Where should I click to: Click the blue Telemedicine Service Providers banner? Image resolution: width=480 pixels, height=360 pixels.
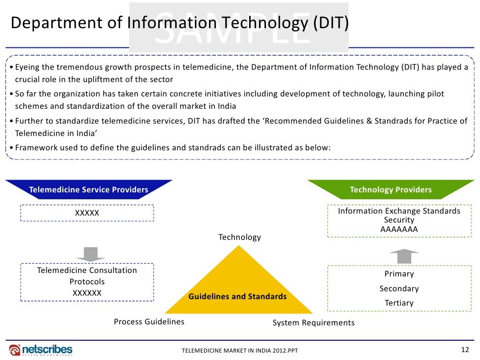coord(88,189)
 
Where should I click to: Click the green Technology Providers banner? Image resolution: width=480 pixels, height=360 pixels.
coord(391,189)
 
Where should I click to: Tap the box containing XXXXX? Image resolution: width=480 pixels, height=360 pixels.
coord(87,213)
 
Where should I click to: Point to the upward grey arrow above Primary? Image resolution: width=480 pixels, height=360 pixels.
coord(404,257)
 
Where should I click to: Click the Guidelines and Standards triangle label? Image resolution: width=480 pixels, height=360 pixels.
coord(237,297)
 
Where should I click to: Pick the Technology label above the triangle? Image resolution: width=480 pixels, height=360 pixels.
coord(240,237)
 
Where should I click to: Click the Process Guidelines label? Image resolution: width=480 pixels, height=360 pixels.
coord(149,322)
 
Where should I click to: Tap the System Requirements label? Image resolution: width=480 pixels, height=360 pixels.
coord(313,323)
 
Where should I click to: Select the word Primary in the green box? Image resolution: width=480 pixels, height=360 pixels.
coord(399,274)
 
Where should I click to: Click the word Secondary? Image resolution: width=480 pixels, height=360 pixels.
coord(399,288)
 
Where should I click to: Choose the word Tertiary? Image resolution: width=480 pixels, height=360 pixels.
coord(399,303)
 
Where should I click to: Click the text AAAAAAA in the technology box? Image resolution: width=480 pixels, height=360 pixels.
coord(399,229)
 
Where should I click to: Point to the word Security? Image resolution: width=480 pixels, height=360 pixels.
coord(399,220)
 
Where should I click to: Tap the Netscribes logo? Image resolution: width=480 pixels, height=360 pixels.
coord(41,349)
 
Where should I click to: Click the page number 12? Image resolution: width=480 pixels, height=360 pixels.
coord(464,350)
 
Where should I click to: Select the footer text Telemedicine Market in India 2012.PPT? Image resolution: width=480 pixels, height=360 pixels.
coord(240,351)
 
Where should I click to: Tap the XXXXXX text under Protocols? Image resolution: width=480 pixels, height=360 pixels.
coord(87,293)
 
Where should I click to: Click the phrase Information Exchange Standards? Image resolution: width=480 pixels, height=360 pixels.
coord(399,211)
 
